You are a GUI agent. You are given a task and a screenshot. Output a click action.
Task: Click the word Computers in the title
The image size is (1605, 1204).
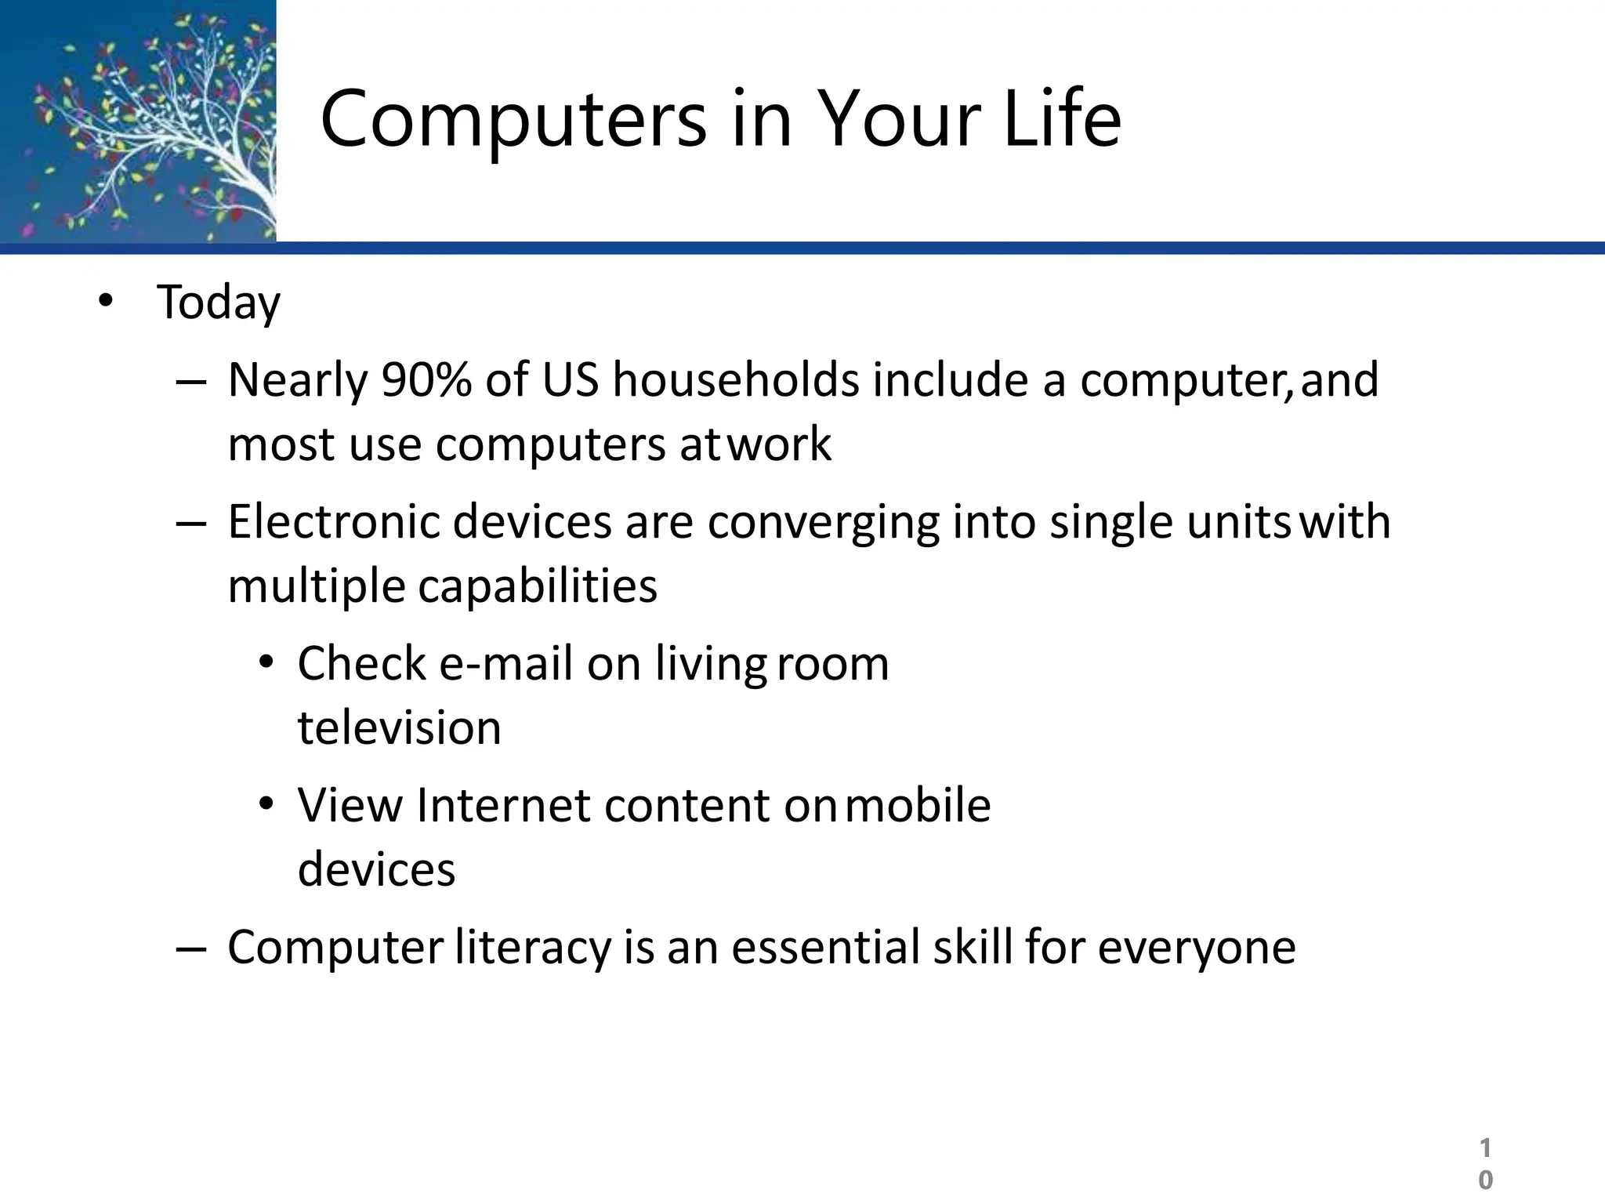[513, 119]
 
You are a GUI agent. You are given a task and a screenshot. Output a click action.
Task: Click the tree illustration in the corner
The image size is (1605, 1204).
[138, 121]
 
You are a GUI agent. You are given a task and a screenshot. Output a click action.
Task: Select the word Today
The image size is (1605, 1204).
[219, 303]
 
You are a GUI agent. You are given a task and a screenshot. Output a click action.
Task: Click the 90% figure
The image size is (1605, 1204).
[426, 380]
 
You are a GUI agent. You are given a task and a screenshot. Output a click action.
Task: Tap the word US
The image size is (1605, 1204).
[570, 380]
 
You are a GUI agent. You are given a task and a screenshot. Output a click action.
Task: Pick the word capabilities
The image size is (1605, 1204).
[538, 587]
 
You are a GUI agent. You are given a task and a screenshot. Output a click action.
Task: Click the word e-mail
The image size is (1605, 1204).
[505, 664]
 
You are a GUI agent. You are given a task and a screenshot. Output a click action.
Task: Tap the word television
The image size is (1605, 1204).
[400, 728]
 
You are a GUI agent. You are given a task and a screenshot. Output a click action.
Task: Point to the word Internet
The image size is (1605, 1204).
[503, 806]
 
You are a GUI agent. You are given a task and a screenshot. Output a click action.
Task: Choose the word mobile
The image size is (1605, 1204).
[918, 806]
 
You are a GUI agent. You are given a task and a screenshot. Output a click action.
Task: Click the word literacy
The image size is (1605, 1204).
[533, 948]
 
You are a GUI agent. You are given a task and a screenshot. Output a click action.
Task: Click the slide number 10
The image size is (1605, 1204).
[1485, 1164]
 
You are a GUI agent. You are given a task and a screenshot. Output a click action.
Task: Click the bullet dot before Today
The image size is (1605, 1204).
[106, 301]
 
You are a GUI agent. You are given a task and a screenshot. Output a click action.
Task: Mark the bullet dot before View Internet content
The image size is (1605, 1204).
[266, 804]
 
